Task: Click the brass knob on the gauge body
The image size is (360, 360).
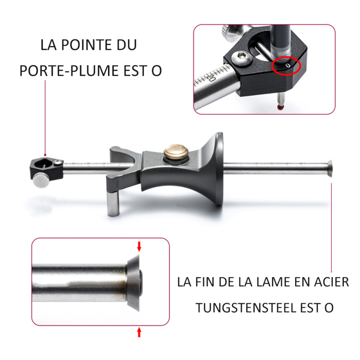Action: click(176, 152)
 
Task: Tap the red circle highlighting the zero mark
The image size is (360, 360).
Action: click(286, 66)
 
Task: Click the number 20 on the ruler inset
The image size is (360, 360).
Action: click(211, 77)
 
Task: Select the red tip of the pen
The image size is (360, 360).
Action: click(280, 107)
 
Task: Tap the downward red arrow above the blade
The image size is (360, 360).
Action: click(139, 246)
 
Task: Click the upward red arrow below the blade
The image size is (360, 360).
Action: click(139, 332)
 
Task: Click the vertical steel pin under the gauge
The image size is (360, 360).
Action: click(113, 202)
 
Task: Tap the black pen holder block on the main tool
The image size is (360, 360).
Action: click(47, 168)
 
